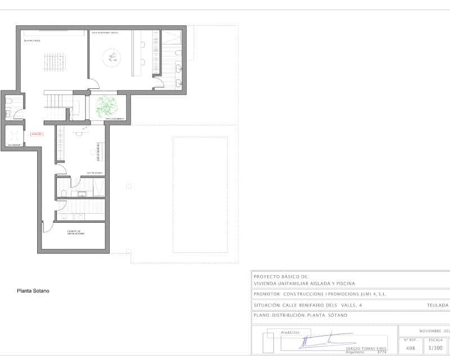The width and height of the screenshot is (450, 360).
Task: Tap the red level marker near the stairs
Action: (37, 134)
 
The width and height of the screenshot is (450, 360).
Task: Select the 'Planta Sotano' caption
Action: (33, 291)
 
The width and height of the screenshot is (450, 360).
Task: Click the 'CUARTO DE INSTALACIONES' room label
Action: (76, 232)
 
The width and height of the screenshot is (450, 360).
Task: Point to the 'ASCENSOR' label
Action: (14, 145)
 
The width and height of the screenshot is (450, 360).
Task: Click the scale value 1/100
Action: (435, 348)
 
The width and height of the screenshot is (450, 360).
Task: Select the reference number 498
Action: (410, 348)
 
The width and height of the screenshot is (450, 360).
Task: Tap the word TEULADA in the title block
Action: (438, 305)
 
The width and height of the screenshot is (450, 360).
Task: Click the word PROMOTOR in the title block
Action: (267, 294)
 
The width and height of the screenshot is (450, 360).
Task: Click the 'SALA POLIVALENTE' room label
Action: (31, 40)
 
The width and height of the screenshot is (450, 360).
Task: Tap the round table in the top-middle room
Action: (111, 57)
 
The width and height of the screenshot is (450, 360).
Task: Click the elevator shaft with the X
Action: (14, 134)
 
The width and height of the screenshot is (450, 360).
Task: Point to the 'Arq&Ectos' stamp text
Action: (291, 332)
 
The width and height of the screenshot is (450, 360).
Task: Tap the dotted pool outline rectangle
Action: (200, 194)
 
